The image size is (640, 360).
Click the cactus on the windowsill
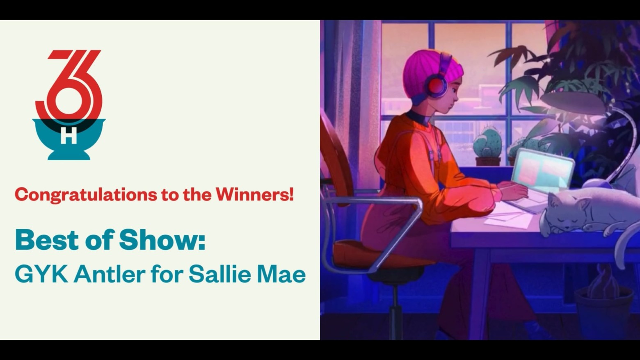(x=488, y=144)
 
